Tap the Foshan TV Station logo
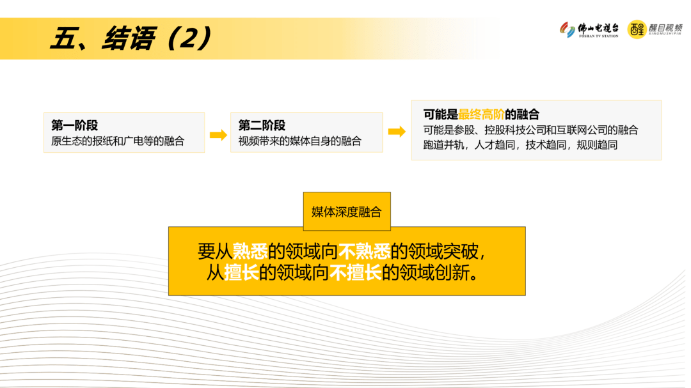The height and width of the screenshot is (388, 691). coord(589,29)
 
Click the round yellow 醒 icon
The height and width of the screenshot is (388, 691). coord(637,29)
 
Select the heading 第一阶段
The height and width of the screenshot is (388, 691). coord(74,125)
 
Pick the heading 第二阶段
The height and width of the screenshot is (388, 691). coord(262,125)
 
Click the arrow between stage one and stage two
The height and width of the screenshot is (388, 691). coord(218,134)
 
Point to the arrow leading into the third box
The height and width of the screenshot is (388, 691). coord(397,132)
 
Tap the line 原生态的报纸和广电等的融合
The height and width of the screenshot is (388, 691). coord(118,141)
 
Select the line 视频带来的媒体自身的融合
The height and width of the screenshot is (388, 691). coord(299,141)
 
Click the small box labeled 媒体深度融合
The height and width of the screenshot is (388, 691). coord(346,212)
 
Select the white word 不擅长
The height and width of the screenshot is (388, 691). coord(356,273)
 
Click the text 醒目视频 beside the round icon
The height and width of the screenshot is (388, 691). coord(665,29)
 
